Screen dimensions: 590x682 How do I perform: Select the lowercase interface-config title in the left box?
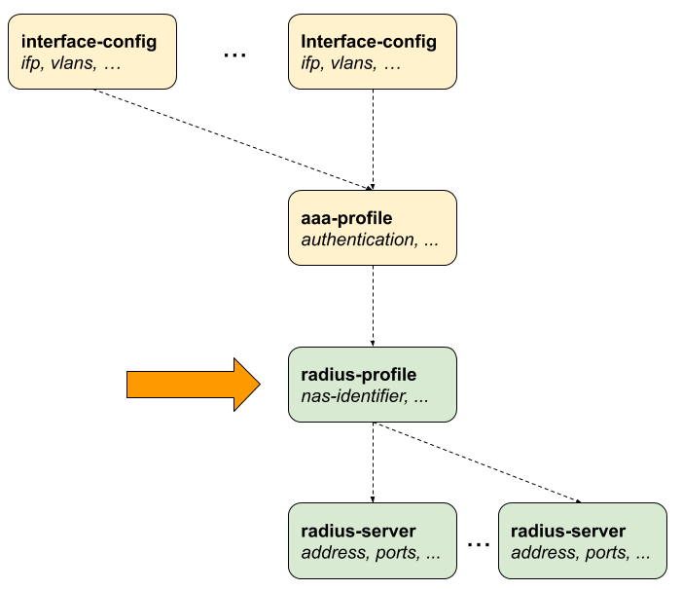click(x=89, y=42)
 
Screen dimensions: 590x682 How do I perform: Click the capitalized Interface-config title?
click(x=369, y=42)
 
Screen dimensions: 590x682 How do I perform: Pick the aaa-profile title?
click(x=346, y=218)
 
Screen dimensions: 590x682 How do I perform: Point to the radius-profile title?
click(x=359, y=375)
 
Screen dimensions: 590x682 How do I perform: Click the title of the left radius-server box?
click(x=358, y=532)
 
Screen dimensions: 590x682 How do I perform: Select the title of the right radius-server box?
click(x=568, y=532)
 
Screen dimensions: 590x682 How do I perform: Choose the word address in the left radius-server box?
click(x=330, y=553)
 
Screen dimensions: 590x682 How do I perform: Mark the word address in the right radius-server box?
click(x=540, y=553)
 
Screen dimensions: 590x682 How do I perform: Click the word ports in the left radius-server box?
click(x=394, y=553)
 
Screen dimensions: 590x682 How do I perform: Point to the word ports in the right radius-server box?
click(x=604, y=553)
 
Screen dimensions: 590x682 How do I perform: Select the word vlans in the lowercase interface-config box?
click(x=72, y=63)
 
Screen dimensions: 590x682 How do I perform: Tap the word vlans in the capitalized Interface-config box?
click(x=352, y=63)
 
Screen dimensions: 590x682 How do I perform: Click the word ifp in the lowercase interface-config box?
click(x=31, y=63)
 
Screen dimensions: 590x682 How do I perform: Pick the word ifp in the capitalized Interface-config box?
click(x=311, y=63)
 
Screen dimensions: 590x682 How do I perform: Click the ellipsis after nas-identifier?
click(x=421, y=398)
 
